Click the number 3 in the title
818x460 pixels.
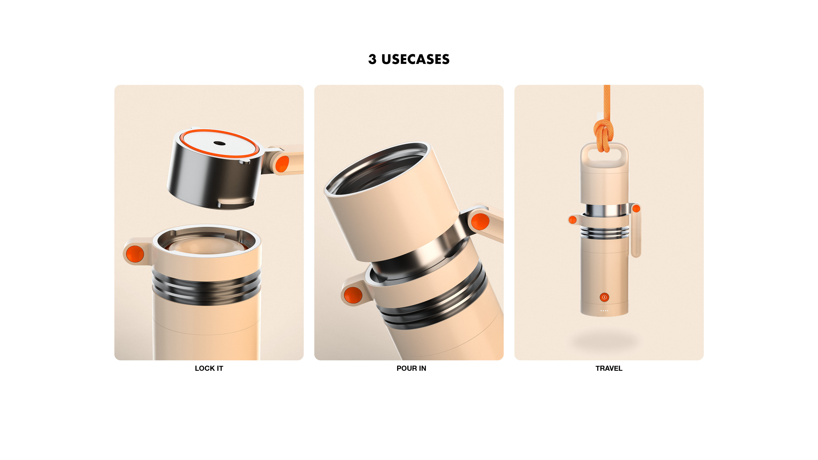pos(372,59)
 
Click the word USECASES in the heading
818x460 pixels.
pos(415,59)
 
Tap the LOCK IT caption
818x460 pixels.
pos(209,368)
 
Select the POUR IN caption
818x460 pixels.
pos(411,368)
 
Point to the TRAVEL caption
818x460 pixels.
pos(609,368)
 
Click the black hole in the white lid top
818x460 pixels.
pos(219,143)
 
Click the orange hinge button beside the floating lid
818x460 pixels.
pos(282,164)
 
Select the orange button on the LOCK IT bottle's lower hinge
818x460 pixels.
pos(135,254)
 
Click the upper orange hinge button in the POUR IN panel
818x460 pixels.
pos(480,221)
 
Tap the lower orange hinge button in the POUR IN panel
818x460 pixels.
pos(353,295)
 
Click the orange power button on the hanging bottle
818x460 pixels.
pos(604,297)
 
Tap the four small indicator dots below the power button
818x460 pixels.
pos(604,310)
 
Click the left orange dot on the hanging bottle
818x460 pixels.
pos(573,220)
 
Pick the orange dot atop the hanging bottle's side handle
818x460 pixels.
pos(636,208)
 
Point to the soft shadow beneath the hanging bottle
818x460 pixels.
pos(604,341)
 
